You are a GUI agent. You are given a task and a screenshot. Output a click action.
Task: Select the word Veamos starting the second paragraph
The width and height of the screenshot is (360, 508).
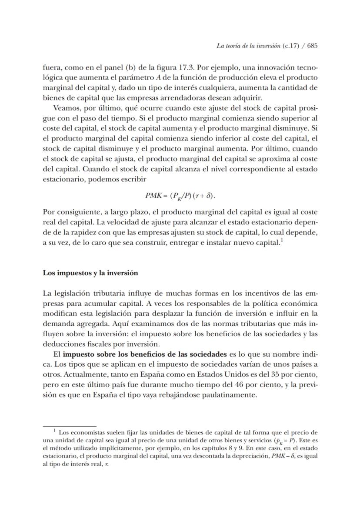pos(65,107)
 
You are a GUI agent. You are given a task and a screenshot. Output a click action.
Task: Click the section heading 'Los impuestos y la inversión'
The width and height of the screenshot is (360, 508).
pos(90,273)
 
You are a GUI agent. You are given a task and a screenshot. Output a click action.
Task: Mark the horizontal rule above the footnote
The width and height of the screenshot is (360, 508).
pos(70,427)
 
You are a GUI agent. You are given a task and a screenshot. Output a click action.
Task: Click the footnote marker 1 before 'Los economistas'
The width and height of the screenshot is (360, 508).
pos(55,431)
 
